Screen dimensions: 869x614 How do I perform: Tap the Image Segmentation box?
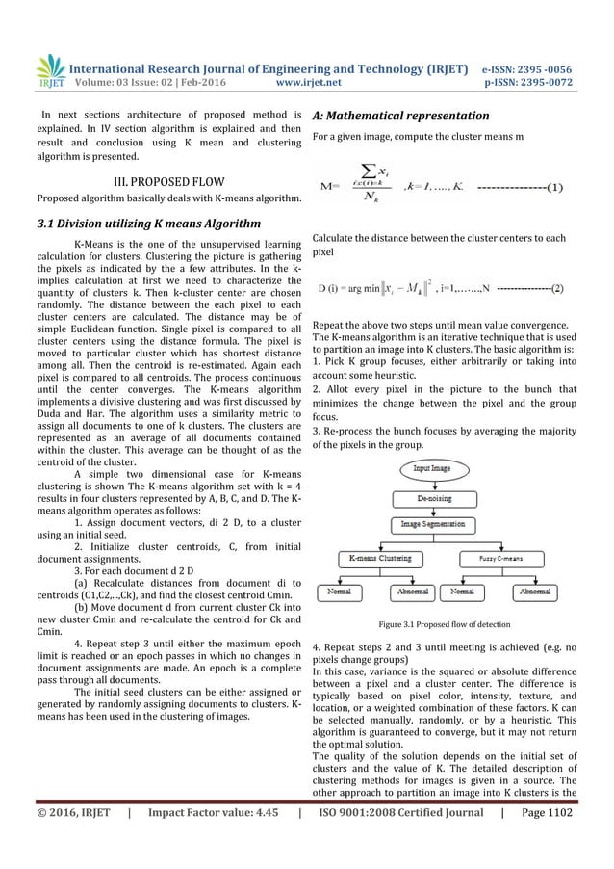pos(436,524)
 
